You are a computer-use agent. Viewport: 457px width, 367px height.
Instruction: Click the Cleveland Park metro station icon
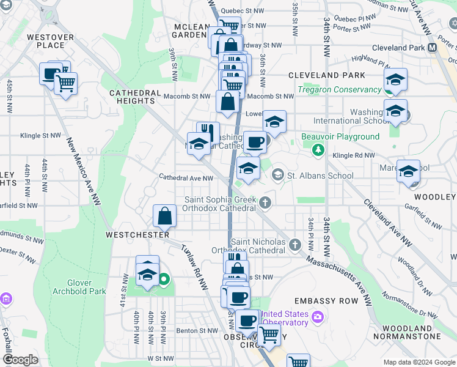[x=433, y=47]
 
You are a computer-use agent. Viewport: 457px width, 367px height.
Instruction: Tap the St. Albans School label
[x=320, y=176]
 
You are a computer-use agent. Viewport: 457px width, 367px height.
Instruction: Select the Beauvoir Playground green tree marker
[x=317, y=150]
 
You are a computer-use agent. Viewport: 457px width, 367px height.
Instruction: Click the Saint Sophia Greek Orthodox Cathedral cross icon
[x=265, y=202]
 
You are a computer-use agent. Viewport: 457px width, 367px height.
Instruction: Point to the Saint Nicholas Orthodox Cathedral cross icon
[x=295, y=245]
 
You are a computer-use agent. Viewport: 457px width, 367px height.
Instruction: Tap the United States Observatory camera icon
[x=317, y=317]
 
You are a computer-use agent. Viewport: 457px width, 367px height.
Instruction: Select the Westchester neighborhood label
[x=137, y=235]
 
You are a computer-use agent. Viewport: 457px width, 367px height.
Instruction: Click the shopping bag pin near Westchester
[x=165, y=216]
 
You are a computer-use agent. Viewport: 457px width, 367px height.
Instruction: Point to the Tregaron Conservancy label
[x=339, y=90]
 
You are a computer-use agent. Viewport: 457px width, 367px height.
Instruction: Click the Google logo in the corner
[x=20, y=360]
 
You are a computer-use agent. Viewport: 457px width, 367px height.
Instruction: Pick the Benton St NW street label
[x=197, y=331]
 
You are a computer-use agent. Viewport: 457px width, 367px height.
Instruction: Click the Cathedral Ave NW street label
[x=186, y=179]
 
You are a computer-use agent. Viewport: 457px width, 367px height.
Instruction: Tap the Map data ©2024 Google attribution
[x=419, y=362]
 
